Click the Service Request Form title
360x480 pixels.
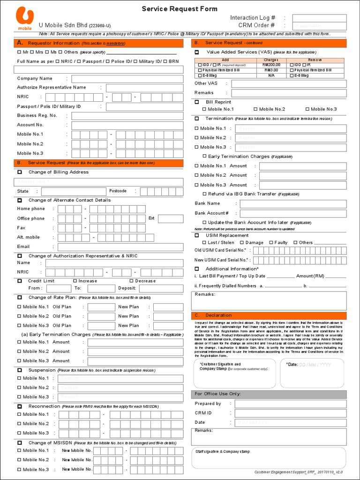click(173, 9)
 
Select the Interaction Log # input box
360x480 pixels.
click(319, 18)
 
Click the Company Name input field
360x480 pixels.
click(127, 79)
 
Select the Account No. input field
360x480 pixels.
click(127, 125)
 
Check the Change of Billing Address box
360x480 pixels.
click(20, 172)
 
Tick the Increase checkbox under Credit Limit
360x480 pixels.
click(75, 281)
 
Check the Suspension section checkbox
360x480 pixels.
click(20, 370)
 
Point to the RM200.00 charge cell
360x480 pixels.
click(271, 65)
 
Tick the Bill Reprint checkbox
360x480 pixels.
click(197, 102)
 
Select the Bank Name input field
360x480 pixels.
click(293, 204)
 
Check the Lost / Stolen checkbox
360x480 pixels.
click(204, 243)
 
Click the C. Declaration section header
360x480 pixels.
click(269, 315)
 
